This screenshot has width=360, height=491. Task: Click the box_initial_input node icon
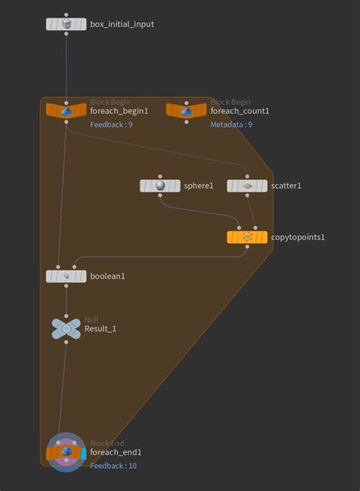(66, 24)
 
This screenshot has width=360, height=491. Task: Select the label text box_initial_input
(122, 24)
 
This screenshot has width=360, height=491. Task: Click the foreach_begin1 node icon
(66, 111)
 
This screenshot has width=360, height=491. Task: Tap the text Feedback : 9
(112, 125)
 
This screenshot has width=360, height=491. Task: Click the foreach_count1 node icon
(186, 111)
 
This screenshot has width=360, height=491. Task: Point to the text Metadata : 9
(232, 125)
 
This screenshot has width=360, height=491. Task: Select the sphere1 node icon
(160, 185)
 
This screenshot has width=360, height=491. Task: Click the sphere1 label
(199, 185)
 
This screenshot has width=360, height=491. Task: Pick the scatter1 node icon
(247, 185)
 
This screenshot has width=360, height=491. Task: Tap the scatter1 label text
(286, 185)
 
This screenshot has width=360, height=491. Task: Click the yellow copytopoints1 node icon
(247, 237)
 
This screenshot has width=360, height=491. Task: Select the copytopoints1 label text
(298, 237)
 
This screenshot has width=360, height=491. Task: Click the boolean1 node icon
(66, 276)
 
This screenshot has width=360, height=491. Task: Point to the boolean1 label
(108, 276)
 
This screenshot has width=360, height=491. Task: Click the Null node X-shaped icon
(66, 328)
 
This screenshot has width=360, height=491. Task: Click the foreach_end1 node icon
(66, 453)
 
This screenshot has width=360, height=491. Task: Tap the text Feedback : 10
(114, 466)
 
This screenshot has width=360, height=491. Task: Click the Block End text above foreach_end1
(107, 443)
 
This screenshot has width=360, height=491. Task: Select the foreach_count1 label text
(240, 111)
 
